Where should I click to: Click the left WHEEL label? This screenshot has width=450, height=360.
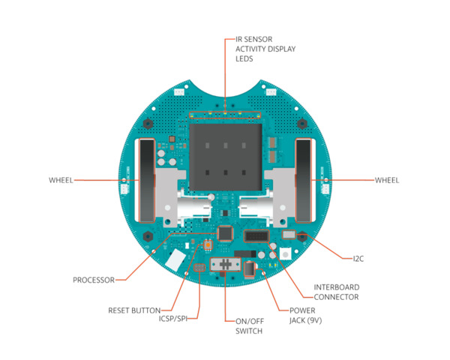coord(61,180)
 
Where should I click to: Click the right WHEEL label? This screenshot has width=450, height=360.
coord(386,180)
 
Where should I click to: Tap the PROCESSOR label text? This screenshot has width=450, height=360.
coord(94,280)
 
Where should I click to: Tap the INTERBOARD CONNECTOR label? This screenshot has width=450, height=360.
coord(336,291)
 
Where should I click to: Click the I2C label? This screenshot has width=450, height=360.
coord(358,259)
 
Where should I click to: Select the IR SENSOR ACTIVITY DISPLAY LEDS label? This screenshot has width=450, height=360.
coord(265,47)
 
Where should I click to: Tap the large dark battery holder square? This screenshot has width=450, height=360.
coord(225,154)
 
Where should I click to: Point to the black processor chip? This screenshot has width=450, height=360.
coord(224,234)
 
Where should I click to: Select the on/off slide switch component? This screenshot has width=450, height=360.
coord(224,266)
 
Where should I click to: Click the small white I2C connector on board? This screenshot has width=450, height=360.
coord(288,236)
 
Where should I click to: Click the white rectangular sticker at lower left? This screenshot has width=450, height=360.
coord(175,260)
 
